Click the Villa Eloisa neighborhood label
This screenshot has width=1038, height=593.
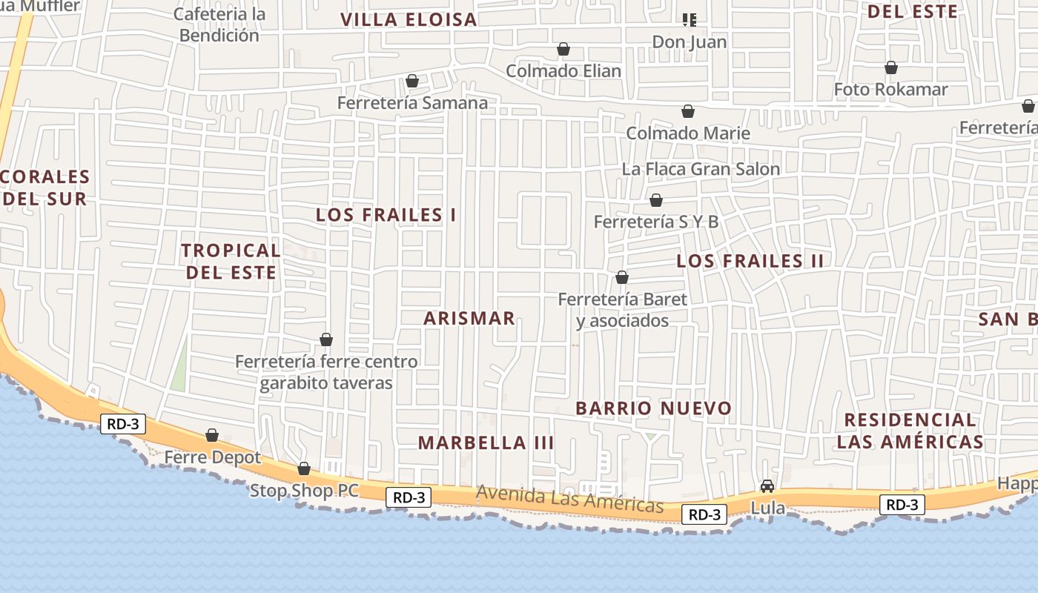click(x=409, y=20)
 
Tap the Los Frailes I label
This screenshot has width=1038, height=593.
click(x=386, y=215)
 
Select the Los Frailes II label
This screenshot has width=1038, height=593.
click(x=750, y=261)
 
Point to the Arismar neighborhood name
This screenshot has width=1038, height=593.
click(x=469, y=318)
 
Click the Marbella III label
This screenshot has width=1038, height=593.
click(x=486, y=443)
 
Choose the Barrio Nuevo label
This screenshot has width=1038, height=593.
click(x=653, y=408)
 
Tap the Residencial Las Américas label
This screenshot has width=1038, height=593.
click(x=910, y=431)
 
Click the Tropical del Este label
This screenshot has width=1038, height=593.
click(x=231, y=261)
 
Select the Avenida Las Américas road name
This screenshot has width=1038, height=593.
click(x=569, y=499)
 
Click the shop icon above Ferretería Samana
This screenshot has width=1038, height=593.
click(x=412, y=81)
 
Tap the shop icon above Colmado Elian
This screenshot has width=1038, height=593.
click(x=563, y=49)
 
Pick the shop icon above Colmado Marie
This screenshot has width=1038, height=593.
click(x=688, y=111)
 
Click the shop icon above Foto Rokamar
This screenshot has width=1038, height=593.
click(x=891, y=67)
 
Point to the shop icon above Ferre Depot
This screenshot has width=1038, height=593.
click(x=212, y=435)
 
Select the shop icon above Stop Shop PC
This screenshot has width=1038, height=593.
click(x=304, y=468)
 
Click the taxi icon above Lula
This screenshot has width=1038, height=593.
click(x=767, y=486)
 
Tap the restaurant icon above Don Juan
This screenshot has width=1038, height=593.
click(x=690, y=20)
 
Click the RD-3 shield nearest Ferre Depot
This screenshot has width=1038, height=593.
click(x=123, y=425)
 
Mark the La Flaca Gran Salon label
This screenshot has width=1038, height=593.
click(x=701, y=169)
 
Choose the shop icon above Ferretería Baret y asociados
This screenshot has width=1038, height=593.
click(x=622, y=277)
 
